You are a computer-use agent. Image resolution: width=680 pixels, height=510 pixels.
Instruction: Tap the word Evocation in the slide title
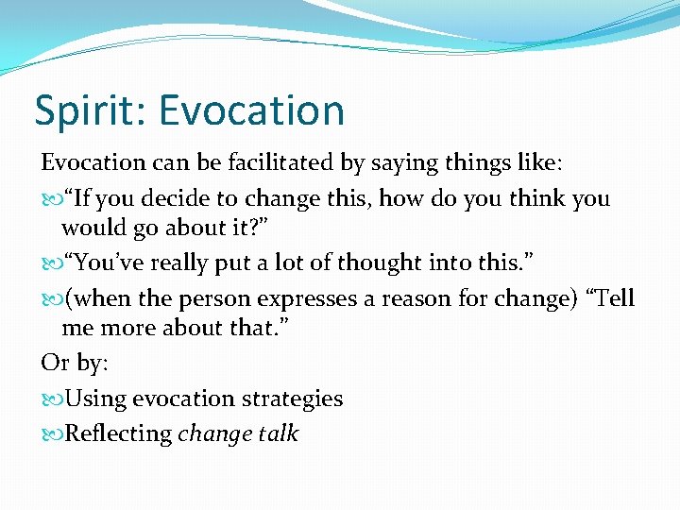point(251,110)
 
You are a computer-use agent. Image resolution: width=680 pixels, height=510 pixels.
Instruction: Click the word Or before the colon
point(54,363)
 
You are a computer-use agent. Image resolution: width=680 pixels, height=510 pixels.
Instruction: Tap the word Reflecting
point(119,433)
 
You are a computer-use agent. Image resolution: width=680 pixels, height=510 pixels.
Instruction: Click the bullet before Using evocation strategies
point(50,399)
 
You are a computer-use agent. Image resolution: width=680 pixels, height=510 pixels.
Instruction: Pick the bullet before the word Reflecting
point(50,434)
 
